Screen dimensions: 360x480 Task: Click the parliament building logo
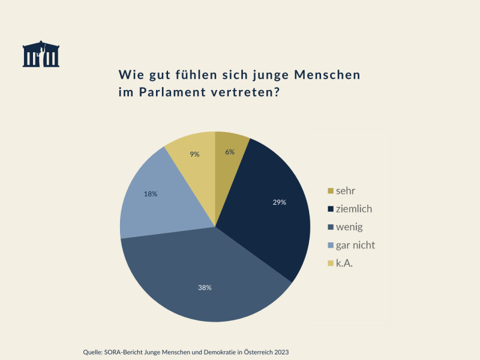(x=41, y=55)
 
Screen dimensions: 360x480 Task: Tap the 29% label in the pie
(x=279, y=202)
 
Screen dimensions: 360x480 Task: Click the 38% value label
(x=205, y=287)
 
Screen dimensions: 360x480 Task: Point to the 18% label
(x=151, y=194)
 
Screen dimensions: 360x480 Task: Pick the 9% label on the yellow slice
(x=195, y=154)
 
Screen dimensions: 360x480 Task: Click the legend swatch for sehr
(x=331, y=191)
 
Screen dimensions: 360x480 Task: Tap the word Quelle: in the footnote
(x=92, y=352)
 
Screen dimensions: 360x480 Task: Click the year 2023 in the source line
(x=281, y=352)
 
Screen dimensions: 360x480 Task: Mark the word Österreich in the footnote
(x=256, y=352)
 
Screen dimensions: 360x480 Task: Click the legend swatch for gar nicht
(x=331, y=245)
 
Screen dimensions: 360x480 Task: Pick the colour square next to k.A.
(x=331, y=263)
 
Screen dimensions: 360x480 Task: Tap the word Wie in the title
(x=130, y=75)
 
